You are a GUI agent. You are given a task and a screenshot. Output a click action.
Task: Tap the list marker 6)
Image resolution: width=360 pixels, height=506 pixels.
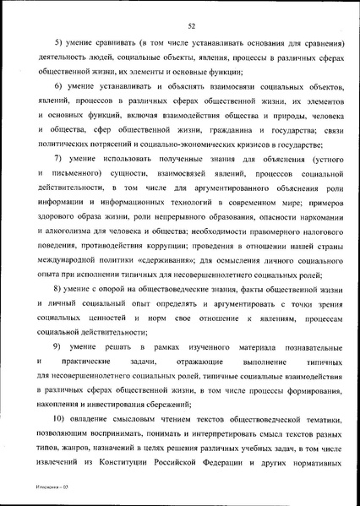click(x=60, y=88)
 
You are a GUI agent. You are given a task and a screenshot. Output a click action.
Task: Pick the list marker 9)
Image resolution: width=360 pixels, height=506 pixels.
click(x=58, y=348)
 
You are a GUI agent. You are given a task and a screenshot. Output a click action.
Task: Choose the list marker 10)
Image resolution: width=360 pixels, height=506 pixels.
click(x=62, y=420)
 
